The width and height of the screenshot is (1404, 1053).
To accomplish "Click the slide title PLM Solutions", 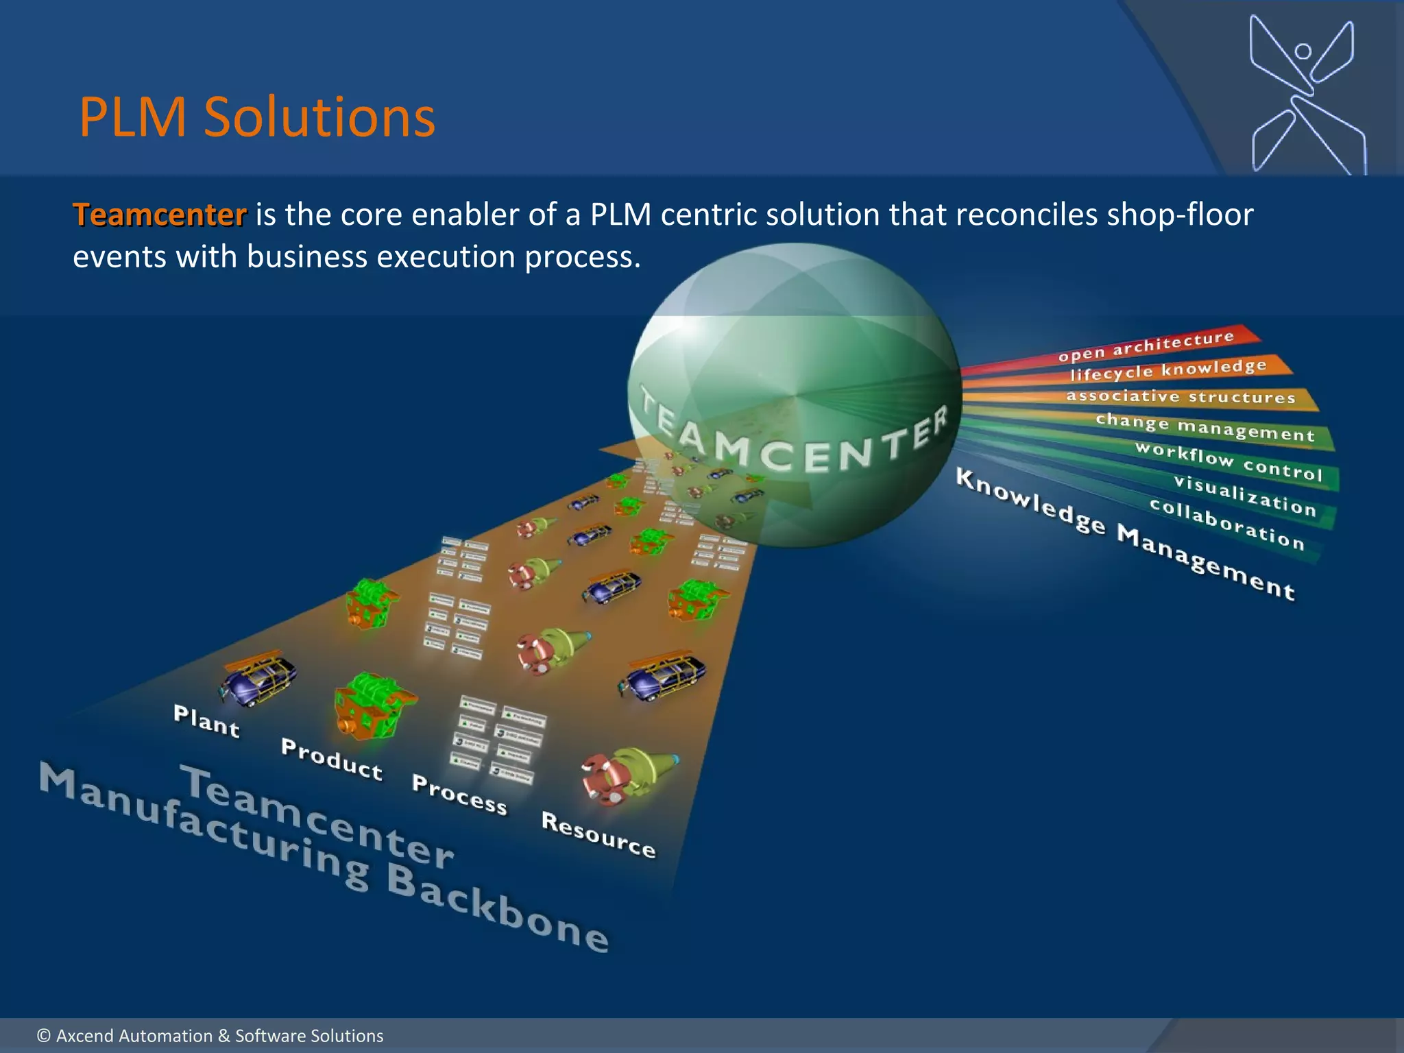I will tap(256, 118).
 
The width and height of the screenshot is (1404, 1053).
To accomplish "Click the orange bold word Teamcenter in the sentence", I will tap(159, 215).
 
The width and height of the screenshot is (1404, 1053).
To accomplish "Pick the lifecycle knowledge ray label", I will tap(1168, 370).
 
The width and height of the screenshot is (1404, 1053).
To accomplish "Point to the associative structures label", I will tap(1181, 397).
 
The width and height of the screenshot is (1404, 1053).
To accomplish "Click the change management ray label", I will tap(1205, 428).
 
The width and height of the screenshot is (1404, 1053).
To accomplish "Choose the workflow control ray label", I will tap(1228, 461).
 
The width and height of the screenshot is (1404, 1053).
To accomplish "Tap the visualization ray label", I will tap(1244, 495).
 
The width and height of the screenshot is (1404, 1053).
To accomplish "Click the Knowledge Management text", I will tap(1124, 535).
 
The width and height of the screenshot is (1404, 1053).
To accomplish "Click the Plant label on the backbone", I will tap(206, 722).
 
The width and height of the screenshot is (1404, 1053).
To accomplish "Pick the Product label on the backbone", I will tap(331, 760).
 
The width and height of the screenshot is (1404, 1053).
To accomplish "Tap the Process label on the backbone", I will tap(459, 795).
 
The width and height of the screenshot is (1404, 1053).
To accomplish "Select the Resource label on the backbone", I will tap(598, 834).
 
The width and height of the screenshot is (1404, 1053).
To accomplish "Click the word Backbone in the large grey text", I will tap(497, 908).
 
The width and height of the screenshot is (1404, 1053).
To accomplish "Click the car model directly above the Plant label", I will tap(258, 678).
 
